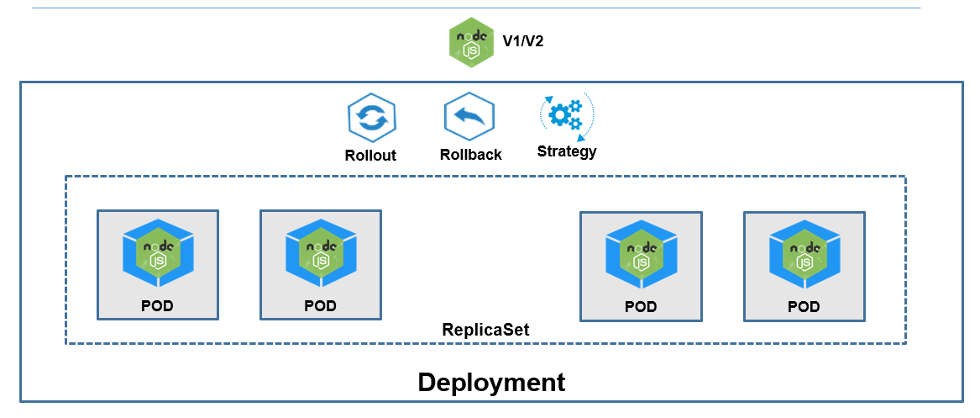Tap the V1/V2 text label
[x=522, y=40]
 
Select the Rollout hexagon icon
[x=371, y=118]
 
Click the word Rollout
[x=370, y=156]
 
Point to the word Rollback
[x=471, y=155]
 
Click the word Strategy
[x=567, y=151]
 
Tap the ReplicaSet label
[x=486, y=330]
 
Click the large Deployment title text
[x=491, y=383]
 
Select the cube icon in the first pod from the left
[x=158, y=251]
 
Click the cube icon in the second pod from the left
[x=320, y=251]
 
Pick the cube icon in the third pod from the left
[x=641, y=252]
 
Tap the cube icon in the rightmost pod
[x=804, y=252]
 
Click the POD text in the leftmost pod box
[x=157, y=306]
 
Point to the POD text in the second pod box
[x=320, y=306]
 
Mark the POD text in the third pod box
[x=641, y=307]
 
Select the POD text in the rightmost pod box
[x=804, y=307]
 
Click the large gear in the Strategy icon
[x=558, y=113]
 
